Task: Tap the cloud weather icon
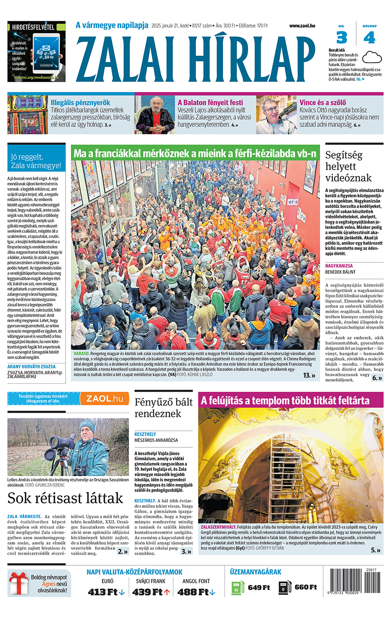pyautogui.click(x=371, y=57)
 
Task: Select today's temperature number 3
pyautogui.click(x=342, y=38)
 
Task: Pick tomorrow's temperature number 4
pyautogui.click(x=369, y=38)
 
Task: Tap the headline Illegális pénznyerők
pyautogui.click(x=80, y=103)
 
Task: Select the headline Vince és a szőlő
pyautogui.click(x=323, y=103)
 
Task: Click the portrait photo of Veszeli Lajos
pyautogui.click(x=155, y=115)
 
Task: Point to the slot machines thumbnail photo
pyautogui.click(x=27, y=115)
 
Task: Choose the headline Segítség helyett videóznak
pyautogui.click(x=348, y=166)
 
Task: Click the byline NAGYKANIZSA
pyautogui.click(x=339, y=266)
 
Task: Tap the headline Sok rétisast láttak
pyautogui.click(x=66, y=498)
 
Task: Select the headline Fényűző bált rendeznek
pyautogui.click(x=163, y=408)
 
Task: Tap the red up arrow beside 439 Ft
pyautogui.click(x=167, y=592)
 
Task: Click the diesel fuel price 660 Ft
pyautogui.click(x=305, y=587)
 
